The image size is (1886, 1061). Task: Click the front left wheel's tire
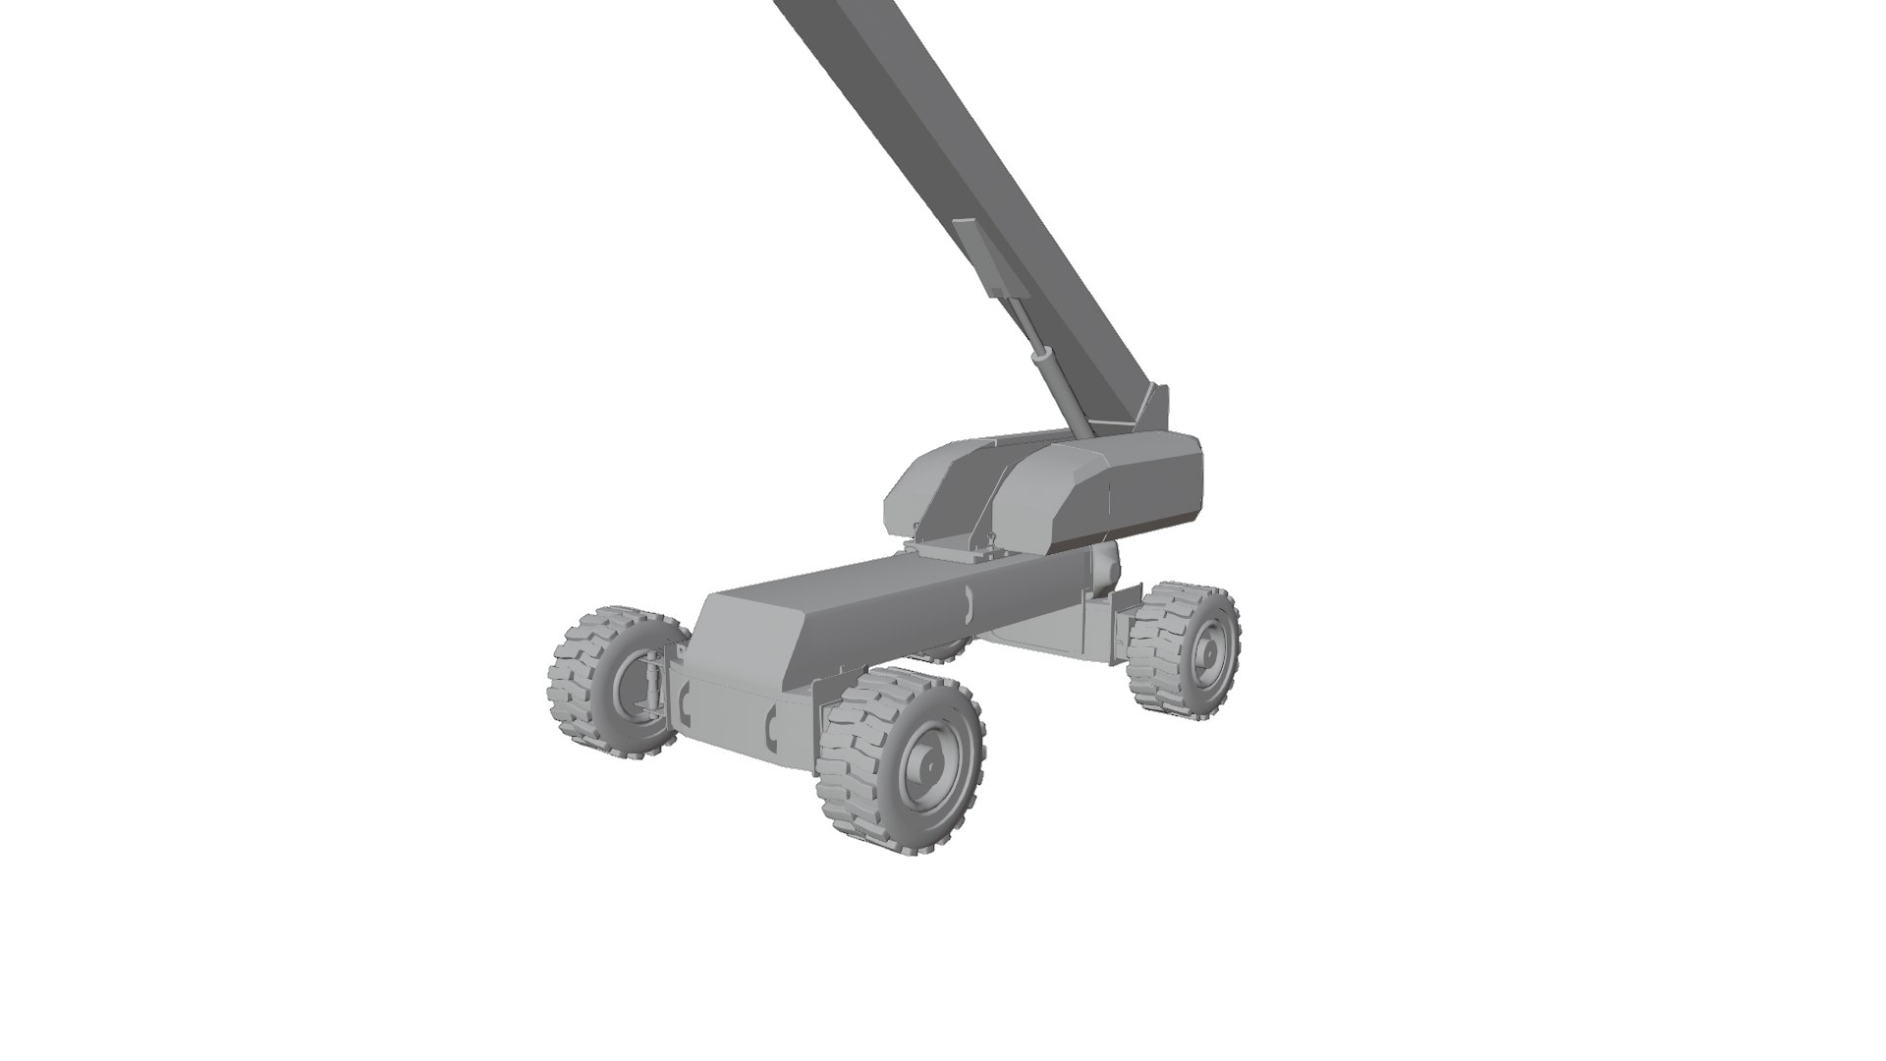click(575, 688)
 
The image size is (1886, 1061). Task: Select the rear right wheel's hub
click(1210, 650)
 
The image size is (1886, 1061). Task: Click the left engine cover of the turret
click(933, 491)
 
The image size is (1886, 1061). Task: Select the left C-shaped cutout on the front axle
click(682, 701)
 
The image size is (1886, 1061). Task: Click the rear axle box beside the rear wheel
click(1100, 629)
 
